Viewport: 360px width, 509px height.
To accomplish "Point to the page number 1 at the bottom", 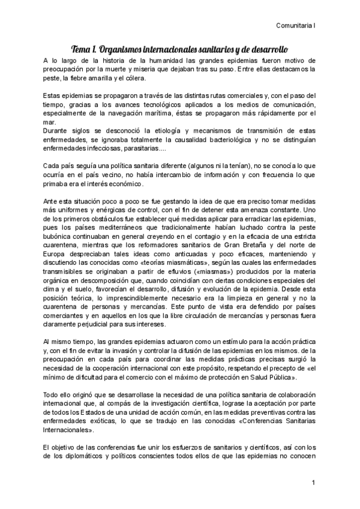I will click(x=313, y=483).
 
